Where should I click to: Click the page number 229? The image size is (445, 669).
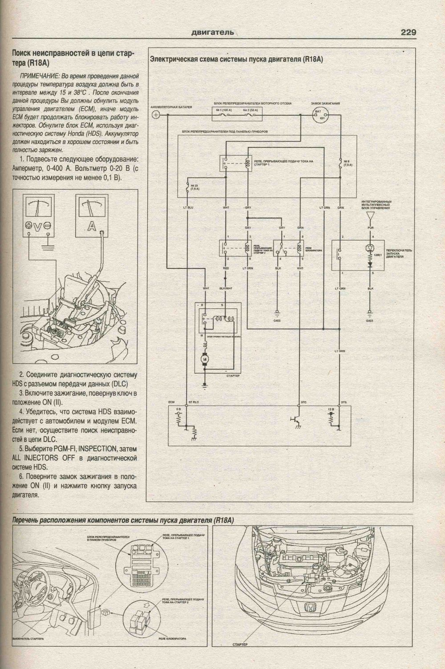coord(408,32)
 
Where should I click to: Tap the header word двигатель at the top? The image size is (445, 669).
coord(212,32)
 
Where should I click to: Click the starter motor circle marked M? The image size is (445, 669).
coord(205,359)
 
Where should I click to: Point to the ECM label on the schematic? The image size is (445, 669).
coord(171,402)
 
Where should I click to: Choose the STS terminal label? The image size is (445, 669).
coord(344,402)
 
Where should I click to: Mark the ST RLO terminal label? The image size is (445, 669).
coord(193,402)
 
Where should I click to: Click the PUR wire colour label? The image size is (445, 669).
coord(370,227)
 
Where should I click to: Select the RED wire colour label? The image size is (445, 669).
coord(226,268)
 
